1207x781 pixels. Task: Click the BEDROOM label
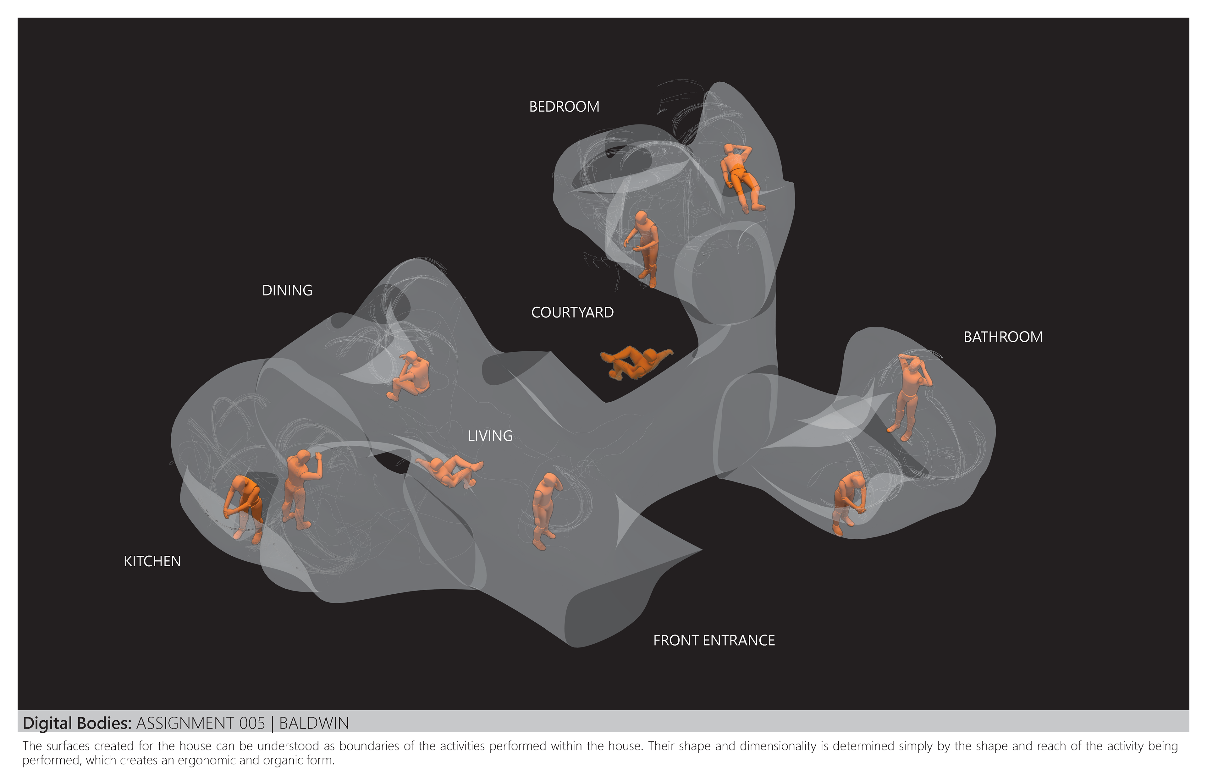tap(564, 107)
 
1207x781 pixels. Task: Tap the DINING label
tap(287, 291)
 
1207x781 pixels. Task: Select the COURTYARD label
tap(572, 312)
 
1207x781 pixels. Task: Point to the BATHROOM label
tap(1003, 337)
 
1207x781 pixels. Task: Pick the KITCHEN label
tap(152, 561)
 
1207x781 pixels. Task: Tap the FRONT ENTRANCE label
tap(714, 641)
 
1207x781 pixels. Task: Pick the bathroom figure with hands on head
tap(910, 396)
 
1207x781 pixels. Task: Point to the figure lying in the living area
tap(449, 470)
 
